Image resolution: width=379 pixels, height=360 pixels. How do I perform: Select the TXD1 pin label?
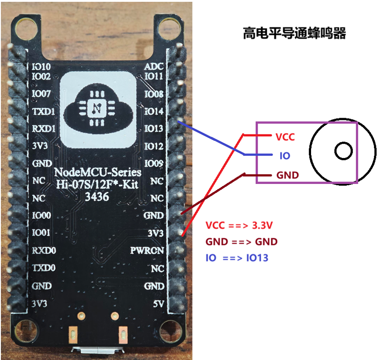(x=43, y=111)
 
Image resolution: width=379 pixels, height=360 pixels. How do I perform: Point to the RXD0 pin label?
(x=43, y=250)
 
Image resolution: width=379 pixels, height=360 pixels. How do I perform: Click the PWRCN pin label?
(x=147, y=250)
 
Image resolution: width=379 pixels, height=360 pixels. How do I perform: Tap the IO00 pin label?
(x=42, y=216)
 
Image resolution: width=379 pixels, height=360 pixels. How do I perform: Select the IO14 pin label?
(x=154, y=111)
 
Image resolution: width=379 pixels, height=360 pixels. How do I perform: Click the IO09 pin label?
(x=154, y=163)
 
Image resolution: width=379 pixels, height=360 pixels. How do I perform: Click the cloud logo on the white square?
(x=97, y=108)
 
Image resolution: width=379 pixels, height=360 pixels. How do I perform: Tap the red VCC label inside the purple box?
(x=285, y=137)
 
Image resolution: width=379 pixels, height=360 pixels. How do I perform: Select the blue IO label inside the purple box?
(x=284, y=156)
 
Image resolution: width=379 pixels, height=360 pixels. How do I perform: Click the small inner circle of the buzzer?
(x=344, y=150)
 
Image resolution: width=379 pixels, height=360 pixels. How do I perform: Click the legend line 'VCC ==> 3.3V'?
(x=239, y=226)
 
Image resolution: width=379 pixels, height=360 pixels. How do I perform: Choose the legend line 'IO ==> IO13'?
(x=237, y=258)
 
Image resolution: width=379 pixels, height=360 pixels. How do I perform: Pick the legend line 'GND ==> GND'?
(x=241, y=242)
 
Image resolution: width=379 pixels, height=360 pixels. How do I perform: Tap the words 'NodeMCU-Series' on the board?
(x=97, y=173)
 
